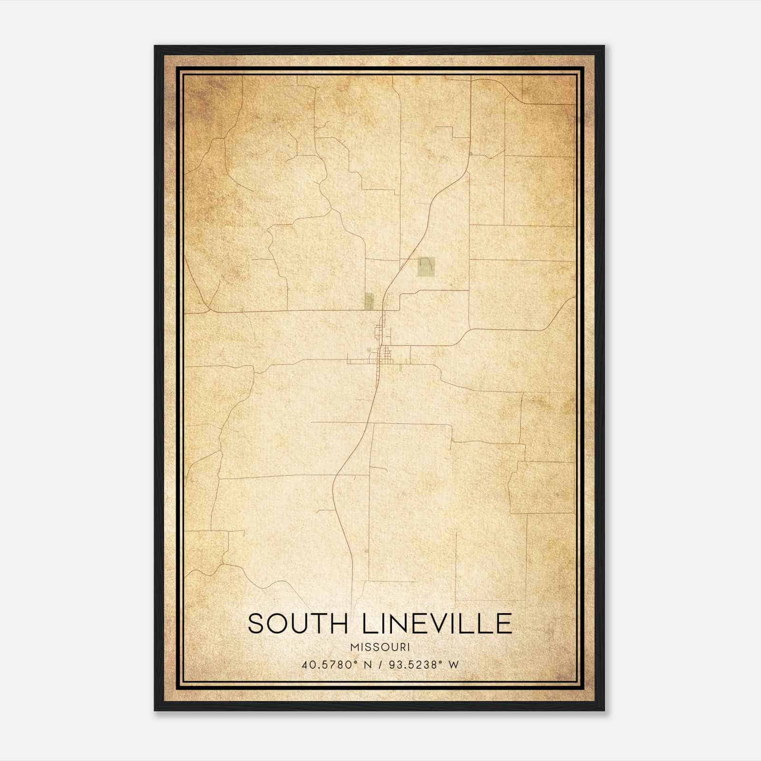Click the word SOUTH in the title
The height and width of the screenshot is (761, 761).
pyautogui.click(x=298, y=624)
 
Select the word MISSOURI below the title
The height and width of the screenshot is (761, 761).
pyautogui.click(x=380, y=647)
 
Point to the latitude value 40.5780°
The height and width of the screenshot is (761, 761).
pyautogui.click(x=329, y=665)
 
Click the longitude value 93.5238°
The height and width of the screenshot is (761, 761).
pyautogui.click(x=413, y=665)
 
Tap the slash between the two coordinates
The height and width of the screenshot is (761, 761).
pyautogui.click(x=379, y=665)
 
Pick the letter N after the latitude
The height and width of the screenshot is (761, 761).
pyautogui.click(x=365, y=665)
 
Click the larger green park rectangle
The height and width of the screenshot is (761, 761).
pyautogui.click(x=426, y=267)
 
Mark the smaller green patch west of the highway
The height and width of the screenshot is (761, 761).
pyautogui.click(x=369, y=301)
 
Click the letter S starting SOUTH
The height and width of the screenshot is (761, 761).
pyautogui.click(x=255, y=624)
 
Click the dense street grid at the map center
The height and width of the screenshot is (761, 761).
pyautogui.click(x=383, y=354)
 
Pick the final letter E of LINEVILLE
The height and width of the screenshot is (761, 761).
pyautogui.click(x=504, y=624)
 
